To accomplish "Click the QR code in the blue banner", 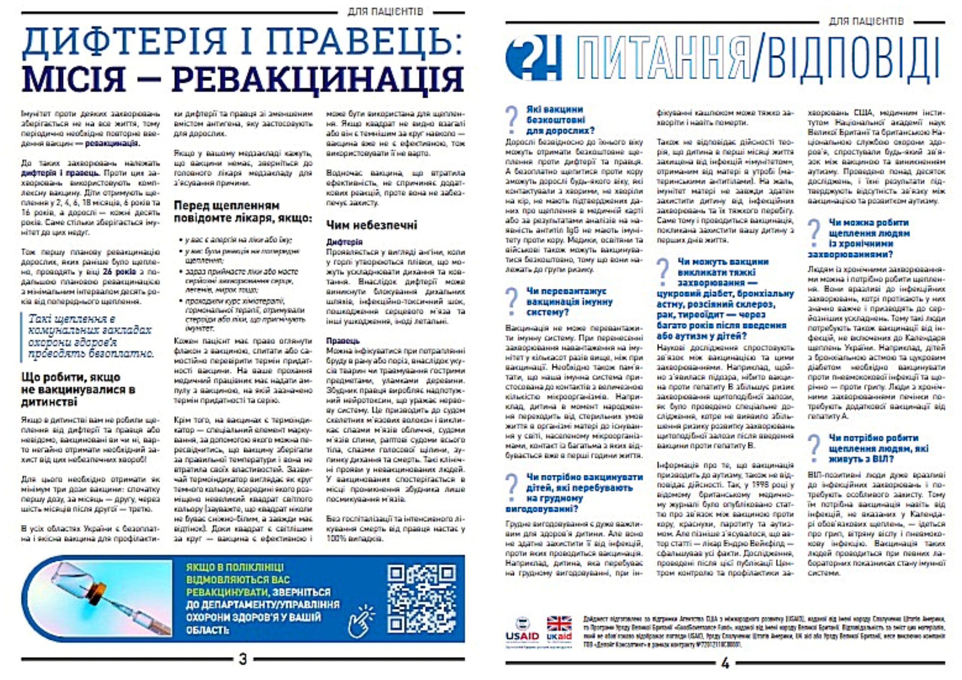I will pos(421,599).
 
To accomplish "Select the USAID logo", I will pos(522,631).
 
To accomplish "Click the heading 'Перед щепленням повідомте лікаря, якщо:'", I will pos(243,212).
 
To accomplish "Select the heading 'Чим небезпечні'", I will pos(372,225).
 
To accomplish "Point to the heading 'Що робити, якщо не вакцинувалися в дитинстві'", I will pos(78,389).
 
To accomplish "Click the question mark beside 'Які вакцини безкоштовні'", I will pos(512,120).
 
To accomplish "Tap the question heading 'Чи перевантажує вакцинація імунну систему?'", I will pos(570,302).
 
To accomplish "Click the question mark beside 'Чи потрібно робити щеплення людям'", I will pos(814,449).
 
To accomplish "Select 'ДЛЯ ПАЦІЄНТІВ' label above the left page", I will pos(385,12).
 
